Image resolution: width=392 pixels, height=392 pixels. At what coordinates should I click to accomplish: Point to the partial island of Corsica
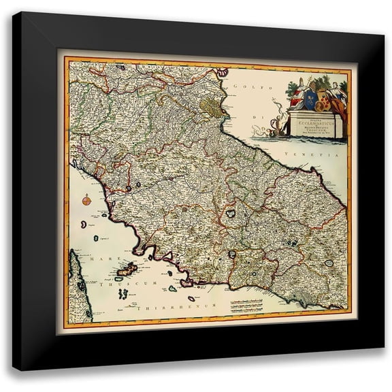[x=78, y=286]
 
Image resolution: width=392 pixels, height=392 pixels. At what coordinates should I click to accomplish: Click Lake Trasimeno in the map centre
[x=231, y=214]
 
